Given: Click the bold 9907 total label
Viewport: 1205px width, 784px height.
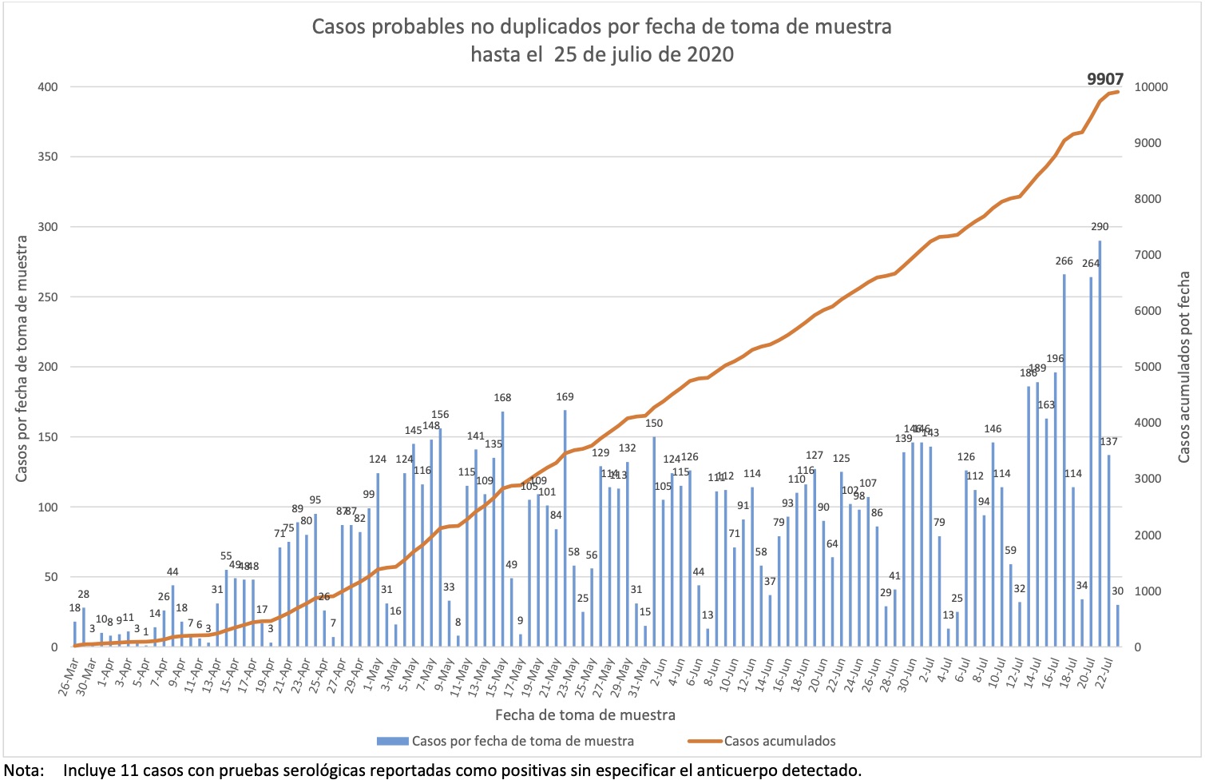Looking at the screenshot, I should click(1105, 79).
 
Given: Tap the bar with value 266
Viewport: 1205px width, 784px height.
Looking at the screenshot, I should click(1064, 460).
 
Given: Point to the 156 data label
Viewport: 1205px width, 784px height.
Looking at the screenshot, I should click(440, 414).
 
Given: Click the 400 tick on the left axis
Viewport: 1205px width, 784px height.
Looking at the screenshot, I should click(48, 86).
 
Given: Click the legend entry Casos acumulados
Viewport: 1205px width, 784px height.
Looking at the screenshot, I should click(779, 741).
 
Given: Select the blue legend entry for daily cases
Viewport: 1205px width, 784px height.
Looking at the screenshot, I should click(522, 741).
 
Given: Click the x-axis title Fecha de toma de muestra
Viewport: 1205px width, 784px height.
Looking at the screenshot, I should click(585, 715).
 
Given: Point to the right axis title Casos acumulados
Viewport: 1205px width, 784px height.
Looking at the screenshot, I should click(1183, 367).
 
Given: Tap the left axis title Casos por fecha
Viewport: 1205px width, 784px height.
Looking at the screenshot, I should click(22, 359).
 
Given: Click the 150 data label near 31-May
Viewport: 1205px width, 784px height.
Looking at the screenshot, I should click(653, 423).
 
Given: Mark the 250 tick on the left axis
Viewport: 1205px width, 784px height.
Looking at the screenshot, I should click(48, 296).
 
